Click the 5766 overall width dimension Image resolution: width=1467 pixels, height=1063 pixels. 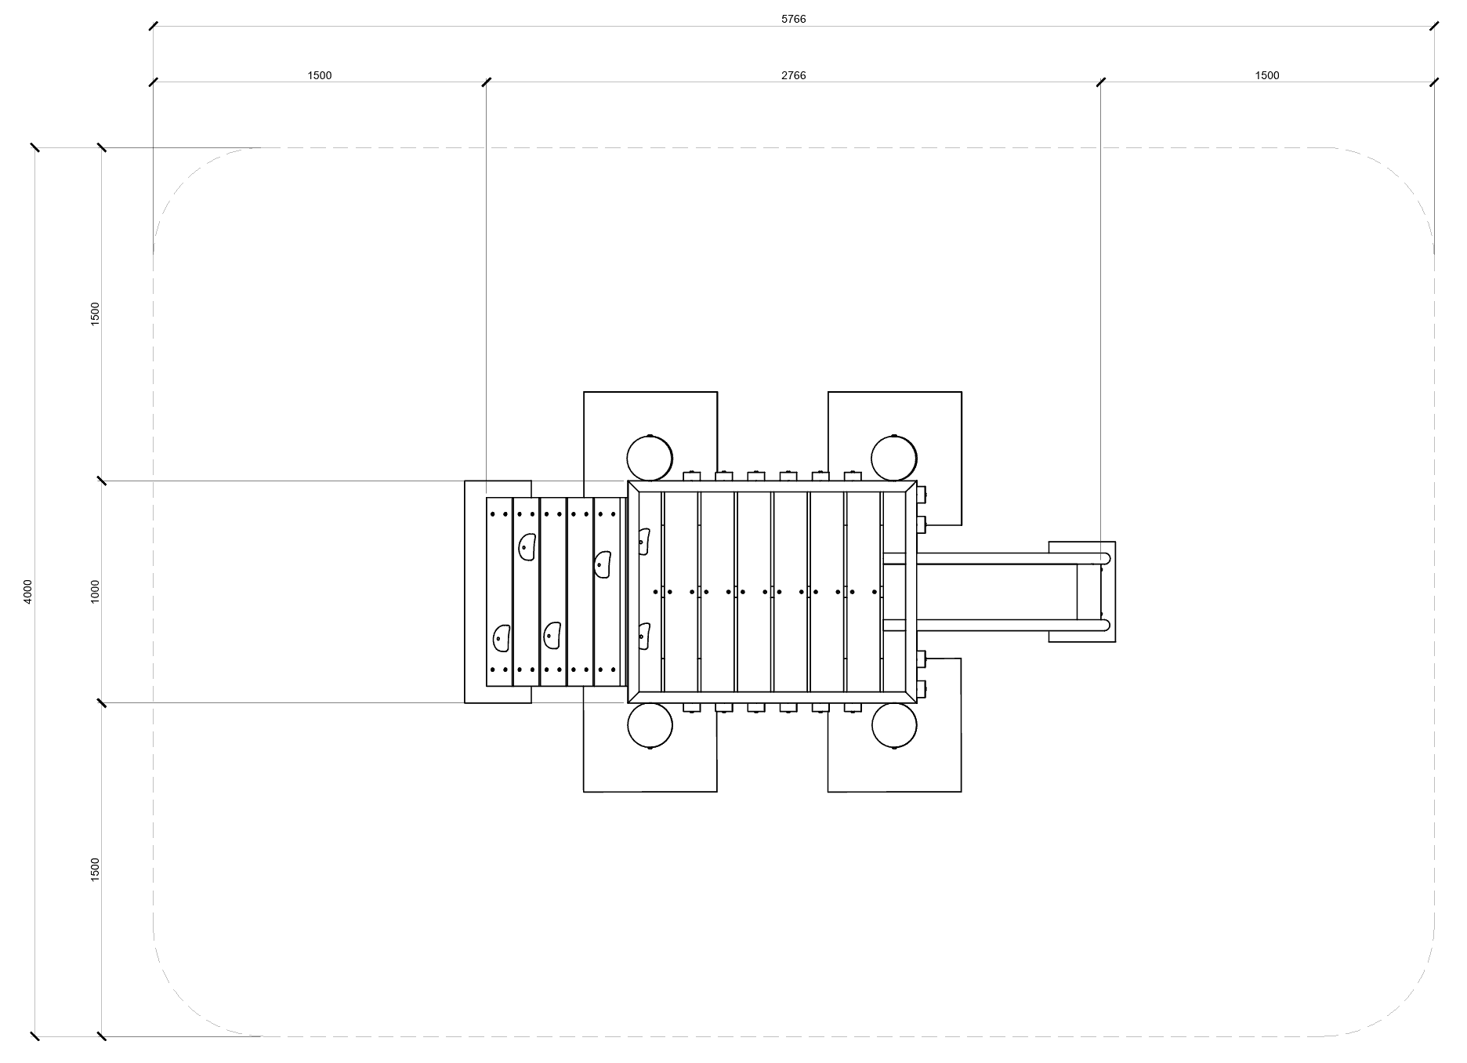[793, 20]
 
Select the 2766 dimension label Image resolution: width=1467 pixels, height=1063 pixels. [793, 76]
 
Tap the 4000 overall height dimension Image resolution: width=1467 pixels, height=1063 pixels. [28, 591]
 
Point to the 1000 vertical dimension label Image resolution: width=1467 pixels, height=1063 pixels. [96, 591]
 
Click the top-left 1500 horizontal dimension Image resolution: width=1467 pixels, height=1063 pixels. [320, 76]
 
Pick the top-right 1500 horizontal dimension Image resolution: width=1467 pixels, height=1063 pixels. [1267, 76]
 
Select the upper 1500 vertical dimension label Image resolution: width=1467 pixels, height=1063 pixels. [96, 314]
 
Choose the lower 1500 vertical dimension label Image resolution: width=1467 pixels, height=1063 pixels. [96, 869]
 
